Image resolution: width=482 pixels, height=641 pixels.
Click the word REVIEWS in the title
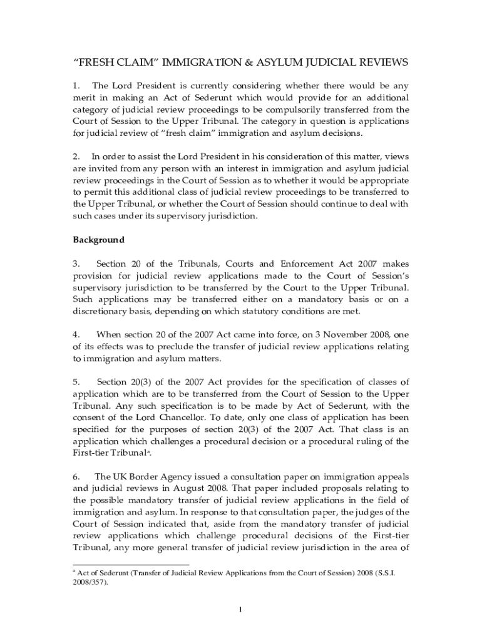coord(377,63)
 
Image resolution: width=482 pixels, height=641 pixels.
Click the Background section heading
coord(99,240)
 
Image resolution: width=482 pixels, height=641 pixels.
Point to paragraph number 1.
coord(76,86)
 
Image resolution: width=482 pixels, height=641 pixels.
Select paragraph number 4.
coord(76,335)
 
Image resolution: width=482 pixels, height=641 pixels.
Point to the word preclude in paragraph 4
coord(172,347)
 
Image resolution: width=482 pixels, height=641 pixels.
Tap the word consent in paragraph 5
coord(91,418)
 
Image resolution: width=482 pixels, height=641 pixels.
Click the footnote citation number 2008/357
coord(90,582)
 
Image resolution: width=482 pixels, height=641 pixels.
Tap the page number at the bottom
coord(241,611)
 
